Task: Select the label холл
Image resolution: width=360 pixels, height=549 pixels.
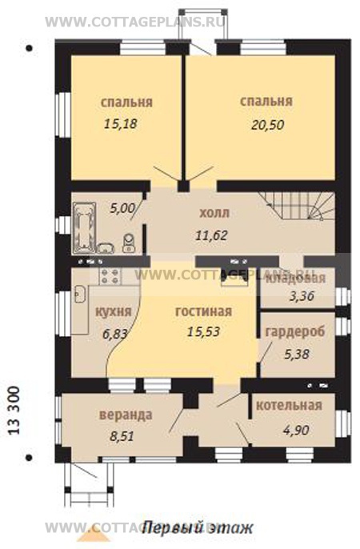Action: tap(214, 214)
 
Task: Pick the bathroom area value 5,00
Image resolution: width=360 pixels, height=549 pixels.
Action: tap(122, 208)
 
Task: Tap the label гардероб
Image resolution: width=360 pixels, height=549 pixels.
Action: tap(296, 331)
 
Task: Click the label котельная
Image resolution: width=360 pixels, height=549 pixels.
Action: tap(289, 405)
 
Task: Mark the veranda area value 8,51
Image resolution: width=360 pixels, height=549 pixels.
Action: tap(122, 437)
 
